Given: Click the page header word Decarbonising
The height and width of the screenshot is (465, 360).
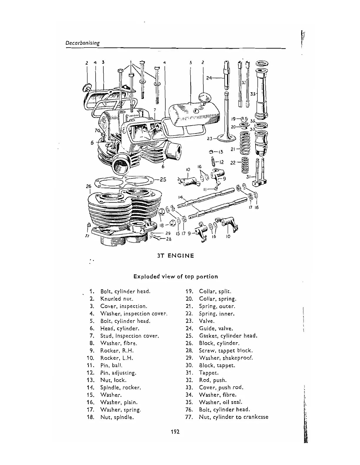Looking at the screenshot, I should pos(82,43).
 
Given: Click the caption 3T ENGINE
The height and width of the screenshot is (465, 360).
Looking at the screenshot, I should pos(175,256).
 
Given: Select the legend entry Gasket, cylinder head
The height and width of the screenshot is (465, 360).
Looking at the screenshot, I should pos(228,336).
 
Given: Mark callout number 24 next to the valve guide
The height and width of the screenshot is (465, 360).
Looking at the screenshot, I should pos(209,78).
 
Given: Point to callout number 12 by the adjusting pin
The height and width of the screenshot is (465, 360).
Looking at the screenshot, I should pos(221,162).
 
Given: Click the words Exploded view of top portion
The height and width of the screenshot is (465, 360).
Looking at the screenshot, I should pos(176,277).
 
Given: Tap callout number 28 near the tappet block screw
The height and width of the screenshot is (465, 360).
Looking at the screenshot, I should pos(169,239).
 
